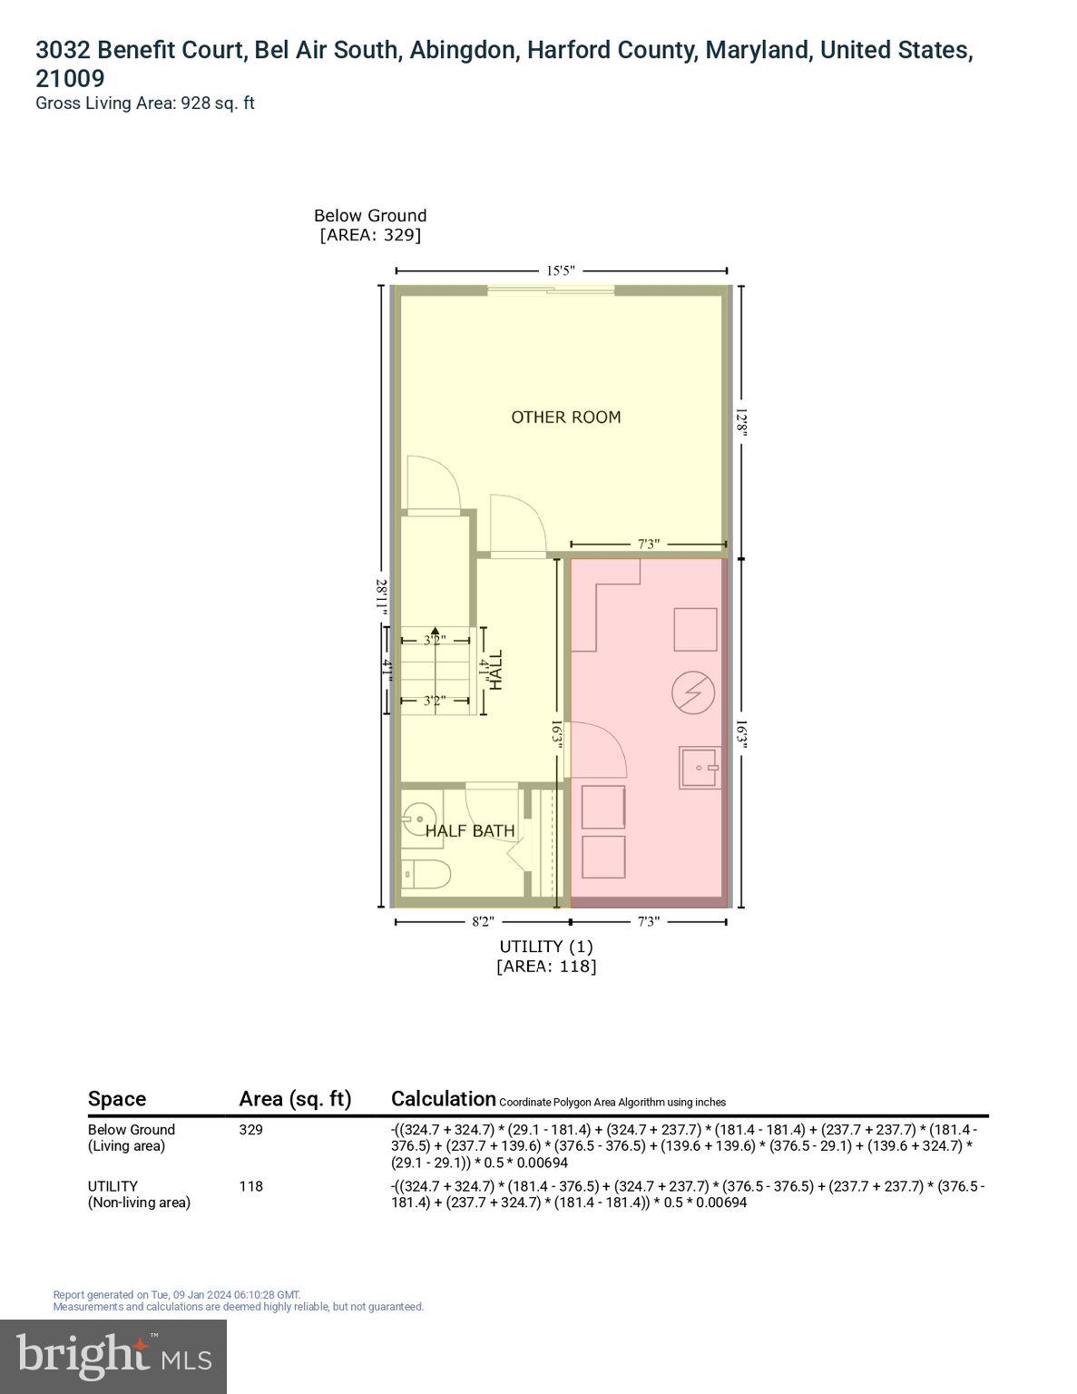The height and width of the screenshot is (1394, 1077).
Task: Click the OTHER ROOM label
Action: (x=566, y=417)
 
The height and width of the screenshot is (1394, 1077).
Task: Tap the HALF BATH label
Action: (x=470, y=830)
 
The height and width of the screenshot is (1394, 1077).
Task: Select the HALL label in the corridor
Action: (x=495, y=670)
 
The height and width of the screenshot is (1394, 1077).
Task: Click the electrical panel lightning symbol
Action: (x=693, y=693)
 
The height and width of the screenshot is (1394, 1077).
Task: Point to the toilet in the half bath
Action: (x=426, y=875)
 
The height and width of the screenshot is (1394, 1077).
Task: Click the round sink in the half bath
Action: (x=419, y=814)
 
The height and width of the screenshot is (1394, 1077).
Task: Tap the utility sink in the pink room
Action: (x=700, y=768)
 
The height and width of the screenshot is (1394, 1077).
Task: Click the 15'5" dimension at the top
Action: (x=561, y=270)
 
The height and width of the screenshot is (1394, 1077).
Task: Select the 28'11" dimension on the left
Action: (x=383, y=598)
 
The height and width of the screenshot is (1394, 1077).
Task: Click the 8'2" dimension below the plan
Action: (x=483, y=922)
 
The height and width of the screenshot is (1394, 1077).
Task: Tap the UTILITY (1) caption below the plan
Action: (x=546, y=947)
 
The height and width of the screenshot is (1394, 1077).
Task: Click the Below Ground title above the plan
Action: (x=370, y=216)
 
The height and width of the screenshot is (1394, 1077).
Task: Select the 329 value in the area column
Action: (x=250, y=1130)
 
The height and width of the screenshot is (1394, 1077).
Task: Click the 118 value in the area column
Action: (x=250, y=1186)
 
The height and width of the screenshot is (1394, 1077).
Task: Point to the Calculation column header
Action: (x=444, y=1099)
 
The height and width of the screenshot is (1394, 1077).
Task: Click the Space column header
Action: (x=117, y=1099)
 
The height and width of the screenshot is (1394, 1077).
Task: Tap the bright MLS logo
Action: (x=113, y=1356)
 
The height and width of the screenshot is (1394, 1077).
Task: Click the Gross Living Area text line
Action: (x=145, y=103)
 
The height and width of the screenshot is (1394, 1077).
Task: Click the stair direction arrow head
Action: (x=435, y=631)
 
